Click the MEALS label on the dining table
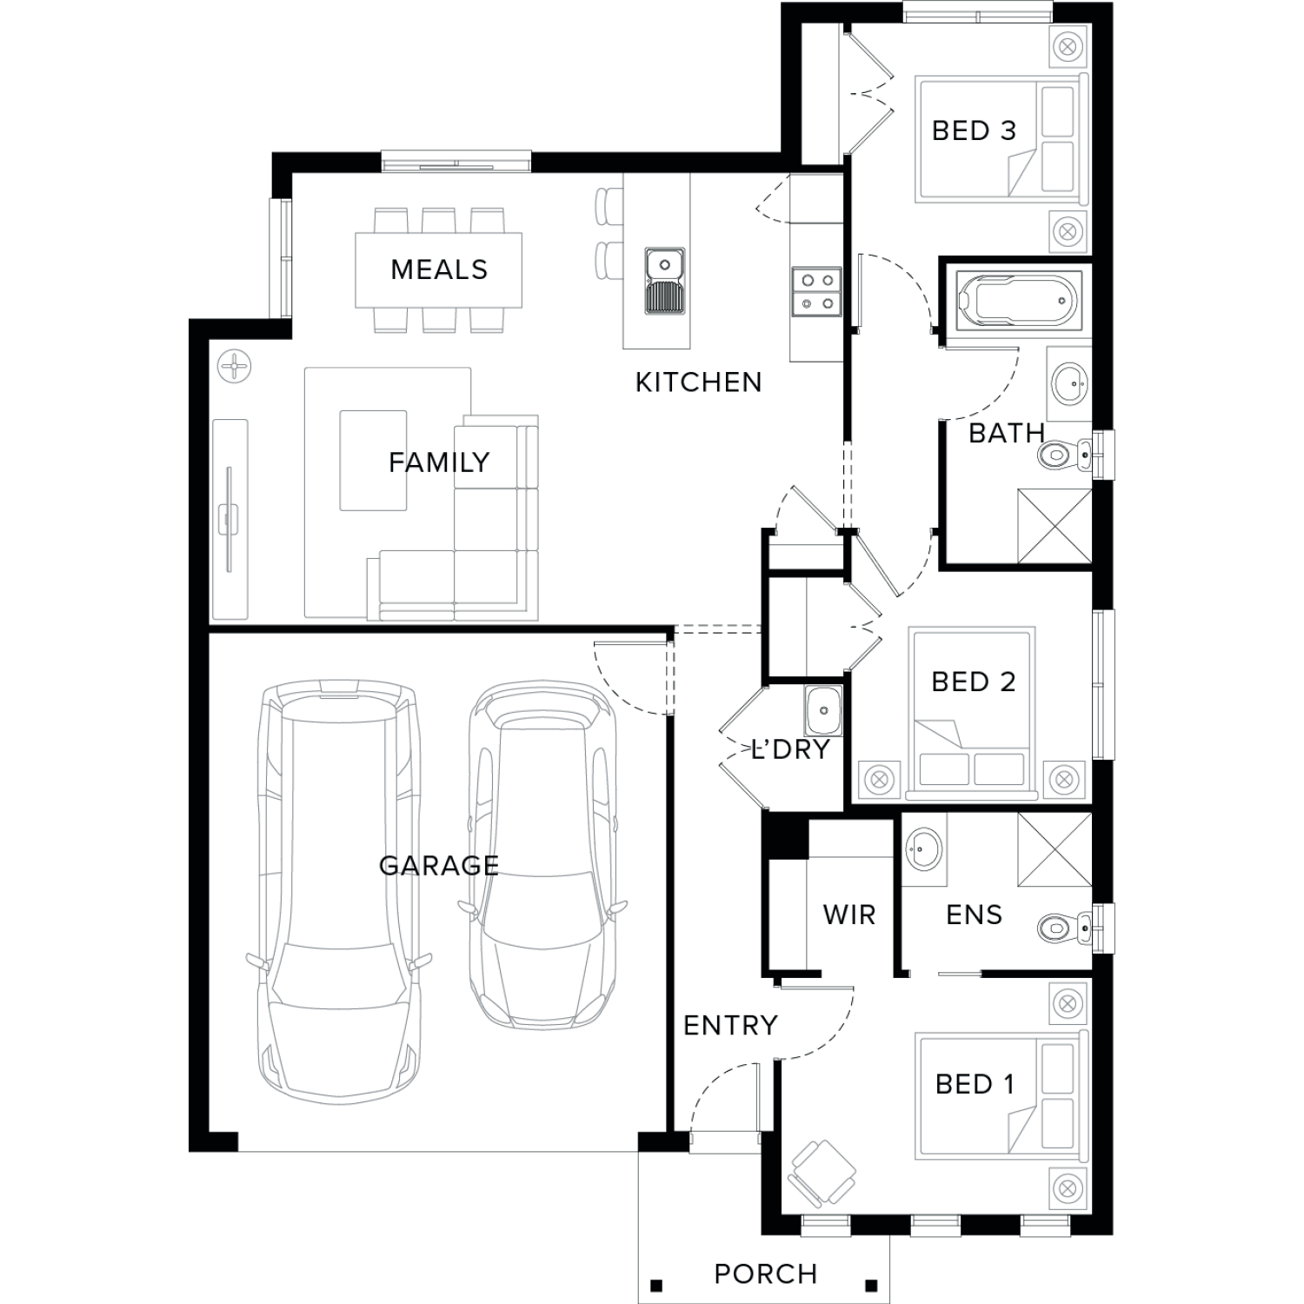pyautogui.click(x=439, y=269)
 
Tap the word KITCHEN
pyautogui.click(x=698, y=383)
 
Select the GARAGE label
pyautogui.click(x=439, y=865)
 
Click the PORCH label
pyautogui.click(x=766, y=1274)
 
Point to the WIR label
pyautogui.click(x=849, y=915)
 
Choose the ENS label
pyautogui.click(x=975, y=915)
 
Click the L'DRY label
pyautogui.click(x=790, y=749)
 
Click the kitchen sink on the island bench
pyautogui.click(x=665, y=281)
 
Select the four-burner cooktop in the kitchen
pyautogui.click(x=817, y=291)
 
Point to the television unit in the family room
pyautogui.click(x=230, y=520)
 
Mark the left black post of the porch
pyautogui.click(x=655, y=1285)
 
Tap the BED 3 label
pyautogui.click(x=974, y=131)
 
